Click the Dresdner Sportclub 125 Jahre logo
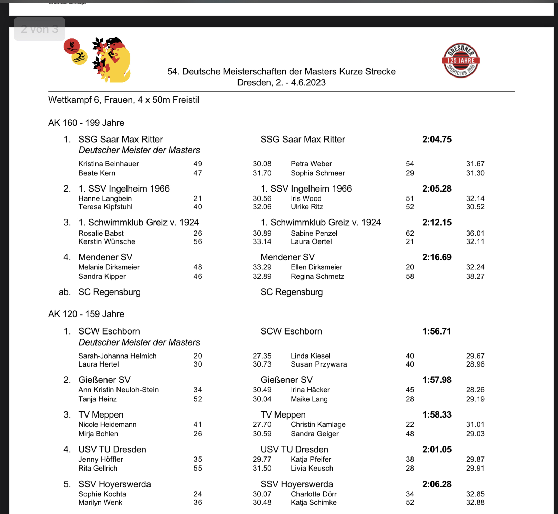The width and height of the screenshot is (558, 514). pyautogui.click(x=461, y=61)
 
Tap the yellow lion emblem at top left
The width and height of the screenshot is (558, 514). pyautogui.click(x=112, y=60)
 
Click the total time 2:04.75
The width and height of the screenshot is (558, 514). pyautogui.click(x=437, y=140)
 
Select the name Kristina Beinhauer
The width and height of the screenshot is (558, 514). pyautogui.click(x=109, y=164)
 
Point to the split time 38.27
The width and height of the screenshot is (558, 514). pyautogui.click(x=475, y=277)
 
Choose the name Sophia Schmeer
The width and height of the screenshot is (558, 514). pyautogui.click(x=317, y=173)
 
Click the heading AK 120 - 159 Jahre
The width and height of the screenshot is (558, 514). pyautogui.click(x=86, y=314)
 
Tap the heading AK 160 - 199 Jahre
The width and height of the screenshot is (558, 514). pyautogui.click(x=86, y=123)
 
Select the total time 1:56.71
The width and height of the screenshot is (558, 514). pyautogui.click(x=437, y=331)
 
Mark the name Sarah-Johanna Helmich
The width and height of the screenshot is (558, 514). pyautogui.click(x=117, y=356)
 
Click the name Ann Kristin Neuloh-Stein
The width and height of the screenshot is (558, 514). pyautogui.click(x=118, y=390)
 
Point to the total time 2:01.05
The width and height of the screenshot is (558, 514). pyautogui.click(x=437, y=450)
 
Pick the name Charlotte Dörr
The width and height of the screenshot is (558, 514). pyautogui.click(x=313, y=494)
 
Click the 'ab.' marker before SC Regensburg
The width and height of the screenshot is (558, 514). pyautogui.click(x=65, y=292)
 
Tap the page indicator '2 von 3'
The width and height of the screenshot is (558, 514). pyautogui.click(x=40, y=29)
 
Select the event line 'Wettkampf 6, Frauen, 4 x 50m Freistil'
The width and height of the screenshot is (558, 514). pyautogui.click(x=124, y=100)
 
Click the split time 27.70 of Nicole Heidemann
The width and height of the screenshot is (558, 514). pyautogui.click(x=262, y=425)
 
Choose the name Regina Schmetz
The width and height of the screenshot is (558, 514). pyautogui.click(x=317, y=277)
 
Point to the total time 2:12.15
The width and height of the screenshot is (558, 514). pyautogui.click(x=437, y=223)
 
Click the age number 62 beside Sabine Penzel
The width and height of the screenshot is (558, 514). pyautogui.click(x=410, y=234)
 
